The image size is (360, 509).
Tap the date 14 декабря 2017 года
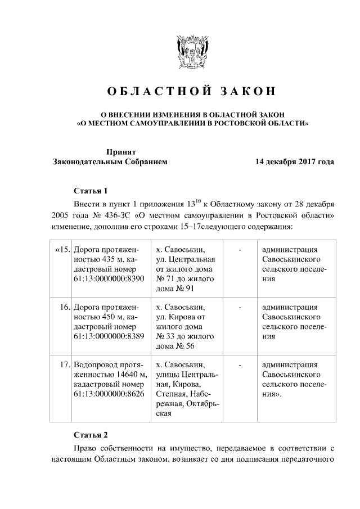[x=294, y=162]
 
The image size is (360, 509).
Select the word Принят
[x=121, y=151]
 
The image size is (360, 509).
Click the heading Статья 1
[x=90, y=190]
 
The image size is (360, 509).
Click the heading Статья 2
[x=90, y=435]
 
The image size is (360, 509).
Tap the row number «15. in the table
[x=62, y=250]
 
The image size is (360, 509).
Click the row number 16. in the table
[x=64, y=308]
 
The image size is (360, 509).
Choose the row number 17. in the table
[x=64, y=365]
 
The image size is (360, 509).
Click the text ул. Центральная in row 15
[x=186, y=260]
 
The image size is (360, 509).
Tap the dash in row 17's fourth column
[x=240, y=365]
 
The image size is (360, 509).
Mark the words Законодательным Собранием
[x=109, y=162]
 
